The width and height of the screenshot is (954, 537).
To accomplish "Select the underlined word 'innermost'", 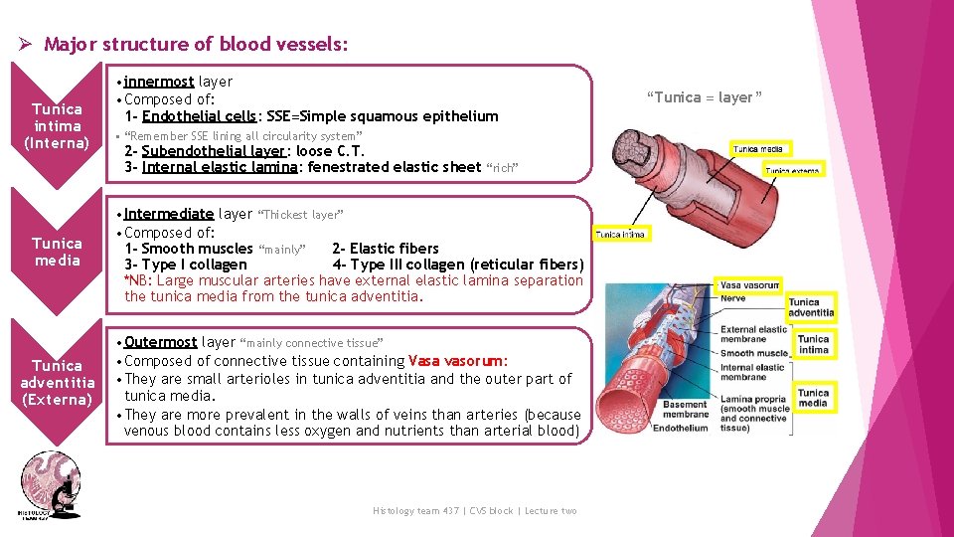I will pyautogui.click(x=159, y=82).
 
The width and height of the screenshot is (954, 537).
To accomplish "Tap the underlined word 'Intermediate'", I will pyautogui.click(x=169, y=214).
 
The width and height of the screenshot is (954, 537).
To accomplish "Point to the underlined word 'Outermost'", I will pyautogui.click(x=160, y=342).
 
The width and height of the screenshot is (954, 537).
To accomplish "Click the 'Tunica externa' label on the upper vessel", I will pyautogui.click(x=792, y=170).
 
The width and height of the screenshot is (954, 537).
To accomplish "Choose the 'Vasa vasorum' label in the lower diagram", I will pyautogui.click(x=749, y=285).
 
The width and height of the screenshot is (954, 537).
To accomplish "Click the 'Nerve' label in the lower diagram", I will pyautogui.click(x=733, y=298).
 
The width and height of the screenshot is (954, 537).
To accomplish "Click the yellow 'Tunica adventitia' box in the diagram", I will pyautogui.click(x=811, y=307).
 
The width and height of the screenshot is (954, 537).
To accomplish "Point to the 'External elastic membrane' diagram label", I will pyautogui.click(x=753, y=335).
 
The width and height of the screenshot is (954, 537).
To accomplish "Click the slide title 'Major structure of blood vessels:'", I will pyautogui.click(x=196, y=45).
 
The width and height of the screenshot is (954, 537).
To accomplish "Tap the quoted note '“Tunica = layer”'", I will pyautogui.click(x=704, y=97).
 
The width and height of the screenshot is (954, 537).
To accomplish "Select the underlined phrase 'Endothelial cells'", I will pyautogui.click(x=199, y=116).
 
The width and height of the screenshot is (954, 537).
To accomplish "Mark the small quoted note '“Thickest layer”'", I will pyautogui.click(x=300, y=215).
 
